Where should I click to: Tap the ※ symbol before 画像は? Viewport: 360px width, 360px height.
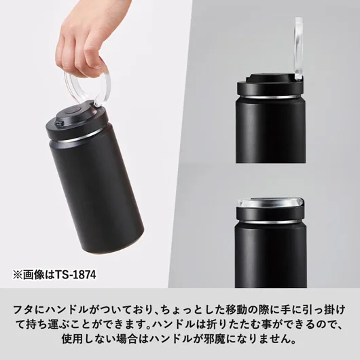tap(18, 275)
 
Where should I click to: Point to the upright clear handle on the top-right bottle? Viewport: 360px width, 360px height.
tap(298, 48)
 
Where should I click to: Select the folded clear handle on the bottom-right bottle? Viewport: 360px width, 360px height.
tap(270, 202)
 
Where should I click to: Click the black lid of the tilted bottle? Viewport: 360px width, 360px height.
tap(77, 122)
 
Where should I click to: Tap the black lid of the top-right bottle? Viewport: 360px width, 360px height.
tap(270, 86)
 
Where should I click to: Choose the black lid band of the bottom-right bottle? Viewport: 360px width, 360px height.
tap(270, 213)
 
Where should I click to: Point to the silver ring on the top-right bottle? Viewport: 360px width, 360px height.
tap(270, 96)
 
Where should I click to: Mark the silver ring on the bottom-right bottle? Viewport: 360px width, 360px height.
tap(270, 222)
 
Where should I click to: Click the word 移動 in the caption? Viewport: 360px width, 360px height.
tap(237, 310)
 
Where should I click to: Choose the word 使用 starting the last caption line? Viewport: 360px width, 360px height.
tap(72, 339)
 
